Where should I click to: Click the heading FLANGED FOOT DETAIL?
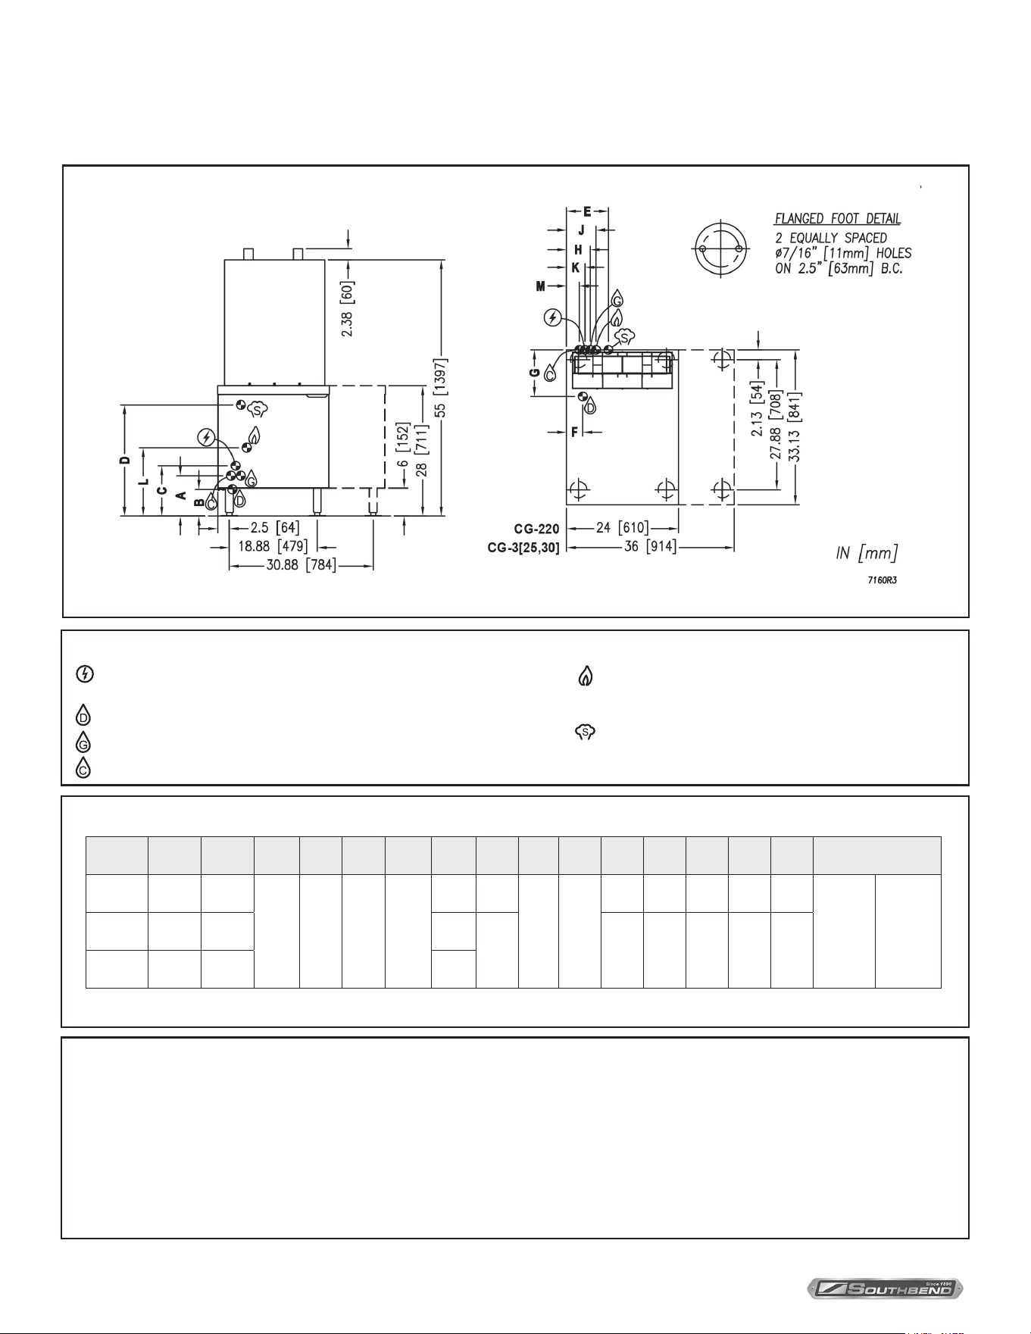pos(837,219)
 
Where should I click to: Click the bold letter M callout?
pos(540,286)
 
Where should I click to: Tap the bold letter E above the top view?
pos(587,211)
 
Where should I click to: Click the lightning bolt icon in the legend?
pos(84,676)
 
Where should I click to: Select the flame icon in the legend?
pos(585,676)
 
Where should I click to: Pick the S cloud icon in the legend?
pos(586,732)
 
